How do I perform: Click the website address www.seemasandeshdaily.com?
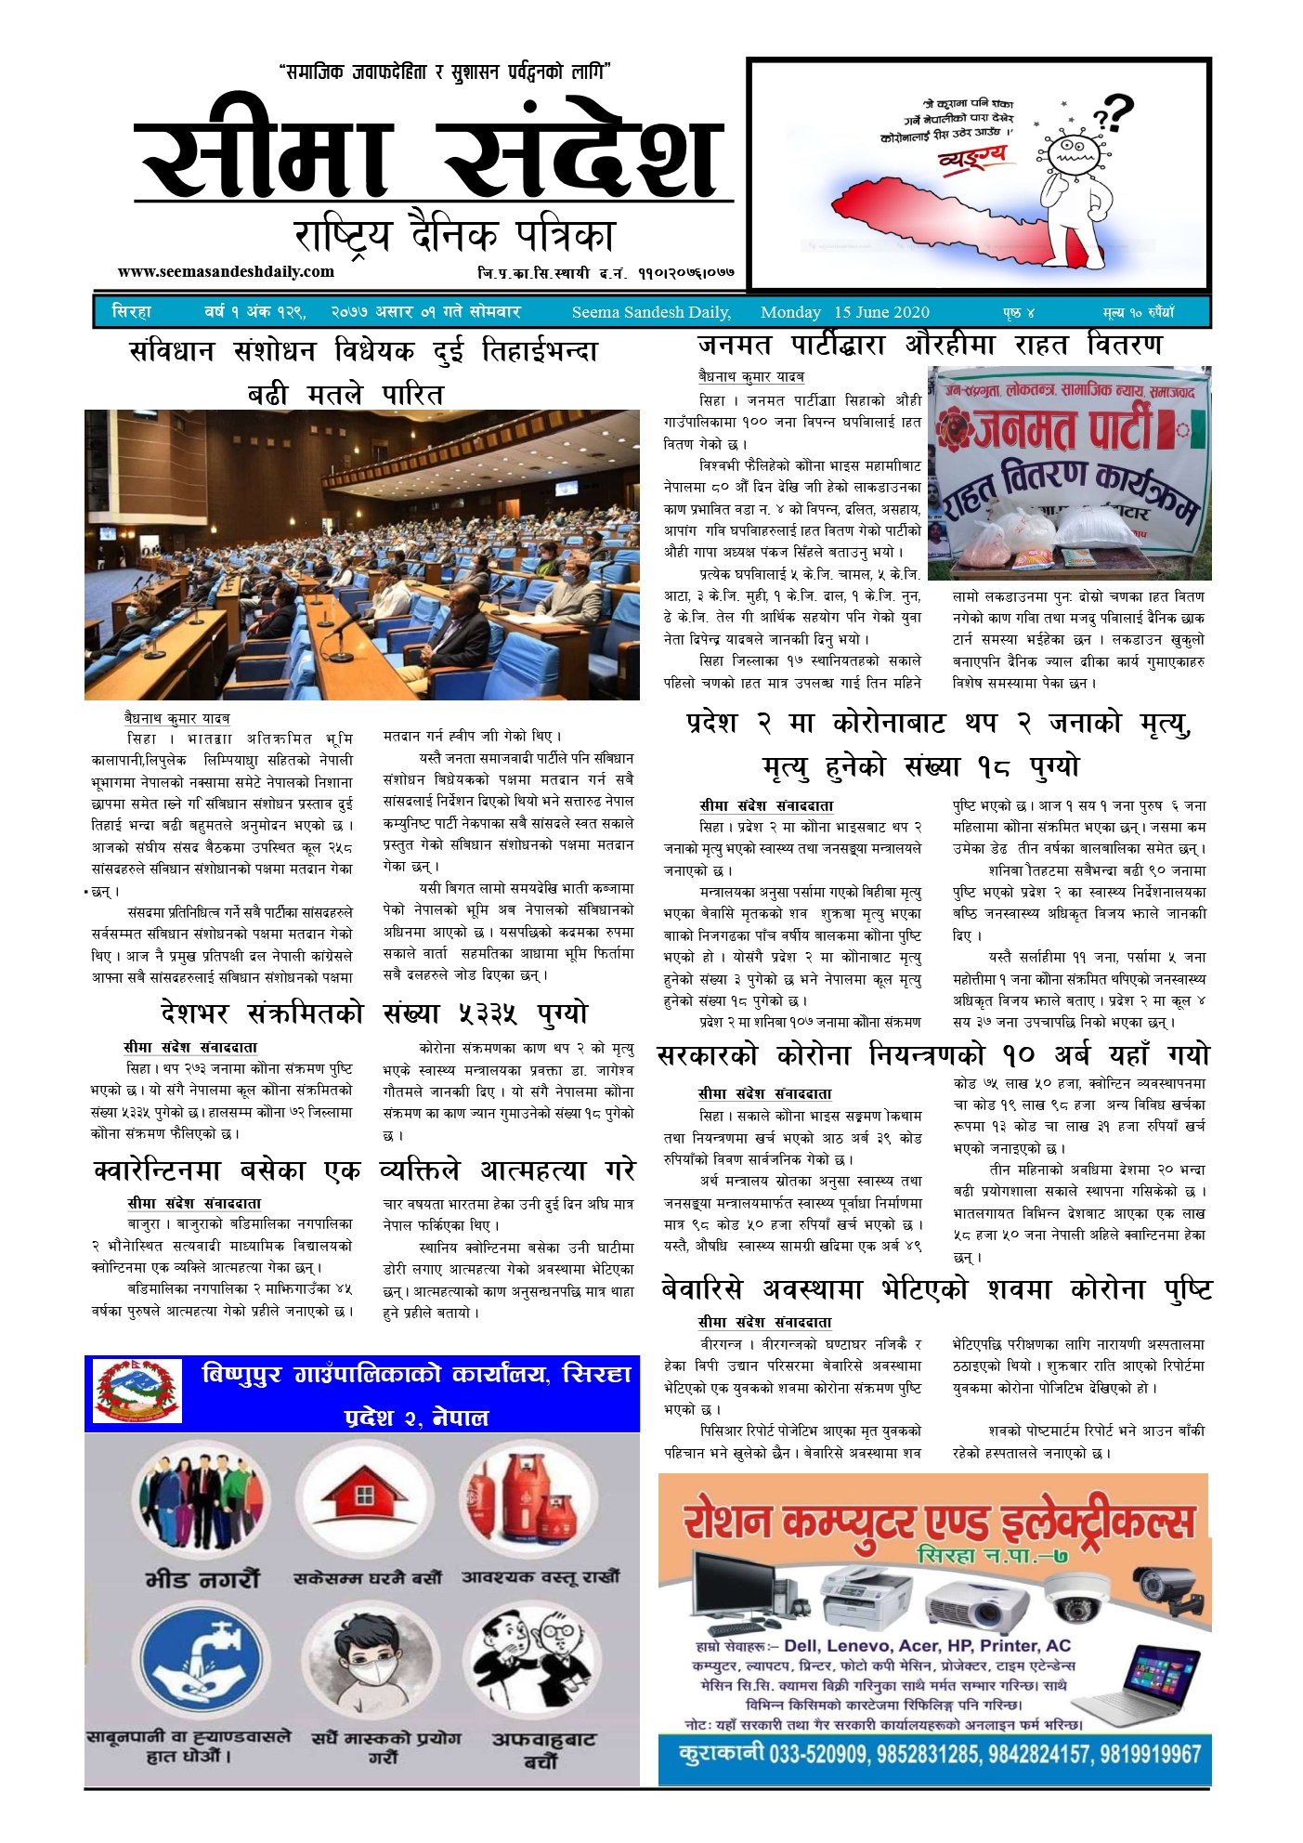226,272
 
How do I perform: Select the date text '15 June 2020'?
881,312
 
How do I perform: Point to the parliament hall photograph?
361,555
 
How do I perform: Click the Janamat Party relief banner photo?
1070,474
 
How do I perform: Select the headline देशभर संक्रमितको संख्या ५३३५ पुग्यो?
374,1013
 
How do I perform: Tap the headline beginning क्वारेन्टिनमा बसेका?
364,1170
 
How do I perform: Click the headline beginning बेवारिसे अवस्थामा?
936,1289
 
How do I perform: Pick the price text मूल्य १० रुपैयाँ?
1139,312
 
